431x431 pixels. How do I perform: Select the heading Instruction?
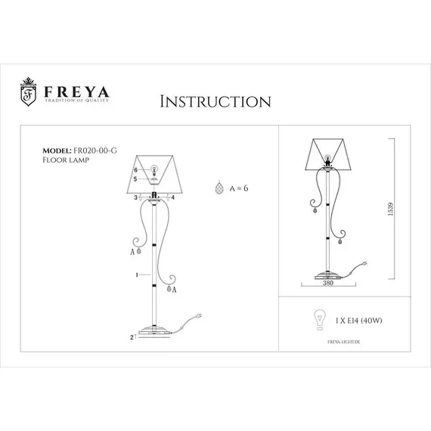click(215, 101)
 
